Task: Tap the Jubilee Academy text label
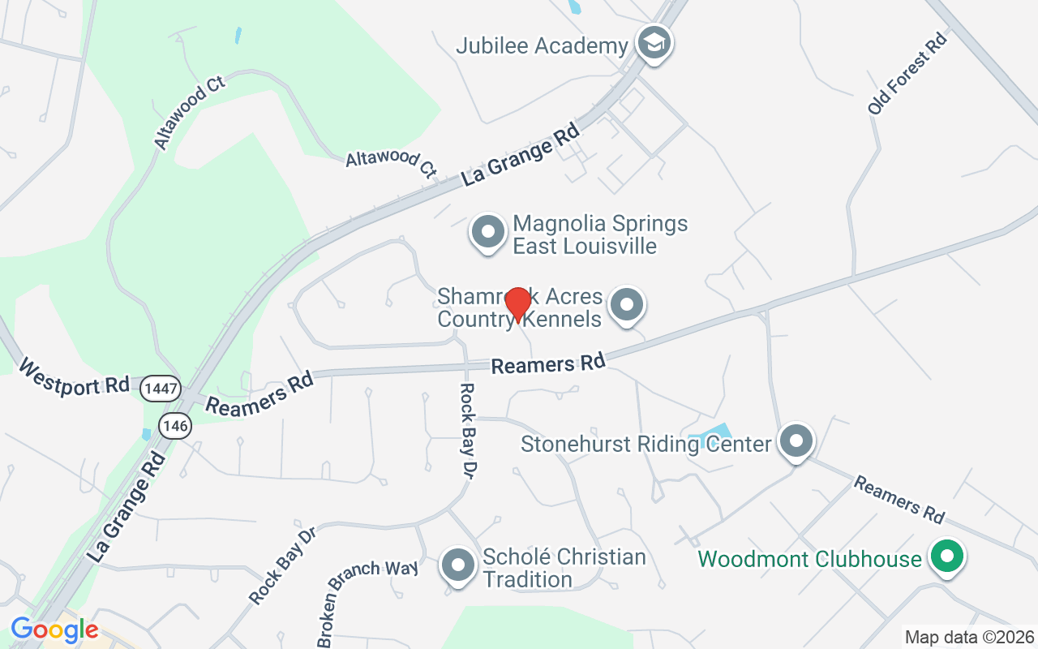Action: pos(542,45)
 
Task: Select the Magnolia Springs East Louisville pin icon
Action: pos(488,232)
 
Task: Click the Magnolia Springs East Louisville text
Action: pos(600,234)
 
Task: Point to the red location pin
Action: pos(517,304)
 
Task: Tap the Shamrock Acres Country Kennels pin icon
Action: pos(626,305)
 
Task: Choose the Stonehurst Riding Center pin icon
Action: pos(796,441)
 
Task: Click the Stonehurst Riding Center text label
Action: pos(646,444)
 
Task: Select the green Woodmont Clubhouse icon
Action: pos(946,557)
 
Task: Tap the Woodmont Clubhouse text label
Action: pos(809,560)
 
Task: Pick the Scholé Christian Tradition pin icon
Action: pos(457,565)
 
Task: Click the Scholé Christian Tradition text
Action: pos(564,568)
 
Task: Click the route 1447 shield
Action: pos(159,389)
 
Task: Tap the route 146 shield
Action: pos(174,424)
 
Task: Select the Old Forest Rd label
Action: pos(907,74)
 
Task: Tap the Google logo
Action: pos(54,630)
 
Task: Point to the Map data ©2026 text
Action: pos(969,637)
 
